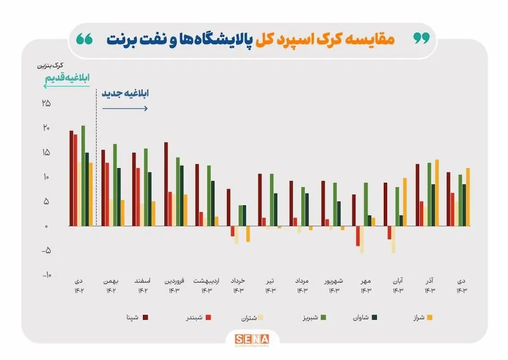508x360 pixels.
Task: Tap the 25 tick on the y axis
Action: coord(46,103)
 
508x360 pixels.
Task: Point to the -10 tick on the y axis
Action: coord(47,275)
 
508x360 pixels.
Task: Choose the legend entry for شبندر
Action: coord(199,318)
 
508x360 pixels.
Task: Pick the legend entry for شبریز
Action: coord(312,318)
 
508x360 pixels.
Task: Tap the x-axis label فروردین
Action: coord(174,281)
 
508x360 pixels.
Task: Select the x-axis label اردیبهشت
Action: coord(206,281)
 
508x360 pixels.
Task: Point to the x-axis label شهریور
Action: coord(334,281)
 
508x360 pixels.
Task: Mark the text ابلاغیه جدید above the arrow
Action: coord(125,94)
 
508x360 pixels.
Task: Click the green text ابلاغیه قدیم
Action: coord(67,78)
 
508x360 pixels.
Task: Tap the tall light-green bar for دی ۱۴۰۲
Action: coord(83,175)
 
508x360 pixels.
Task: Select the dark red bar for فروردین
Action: coord(166,184)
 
